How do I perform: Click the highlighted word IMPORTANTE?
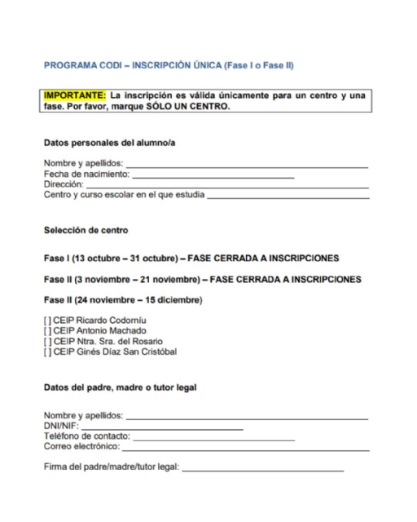pyautogui.click(x=73, y=95)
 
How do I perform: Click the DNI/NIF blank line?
pyautogui.click(x=163, y=427)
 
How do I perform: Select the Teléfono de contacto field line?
pyautogui.click(x=213, y=438)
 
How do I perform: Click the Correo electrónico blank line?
pyautogui.click(x=244, y=449)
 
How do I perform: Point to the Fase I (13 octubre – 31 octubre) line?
pyautogui.click(x=191, y=259)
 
